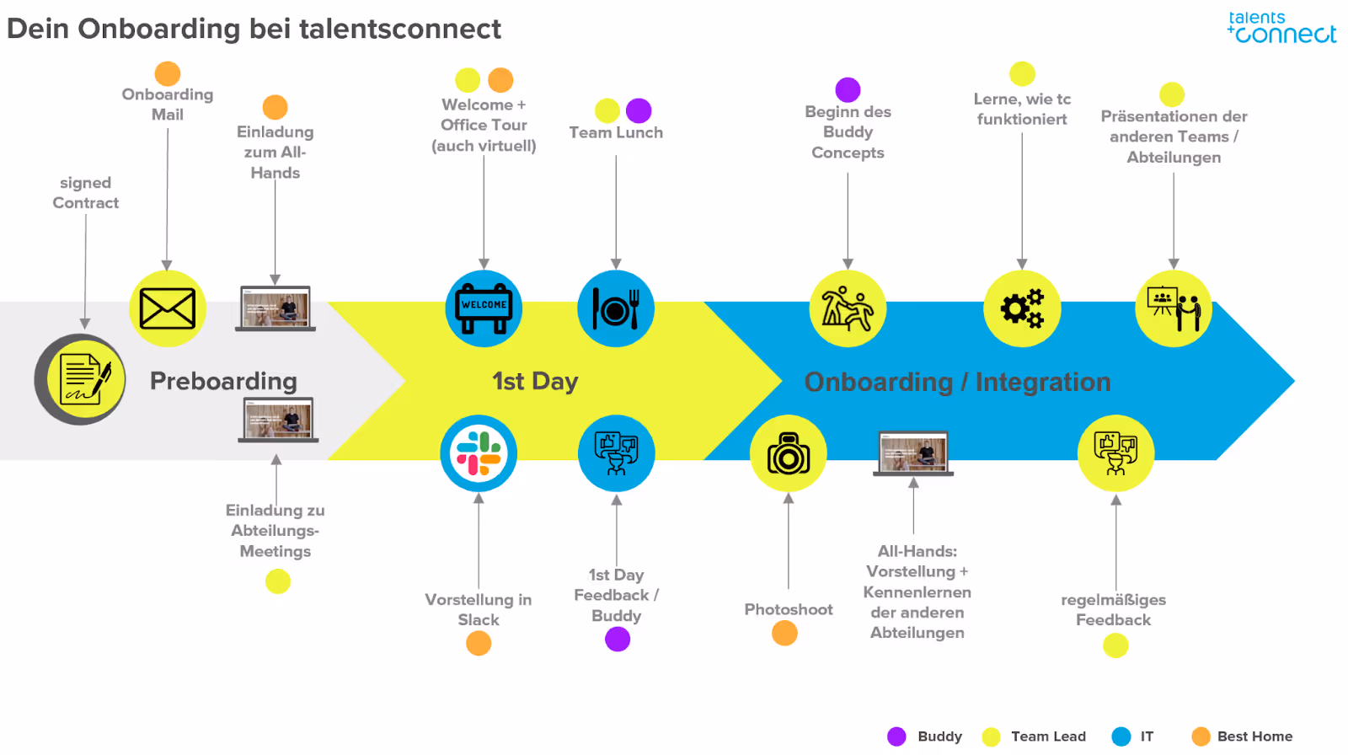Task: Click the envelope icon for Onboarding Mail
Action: click(168, 308)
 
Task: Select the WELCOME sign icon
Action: click(484, 308)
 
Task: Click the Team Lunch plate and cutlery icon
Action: click(616, 308)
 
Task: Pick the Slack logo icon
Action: click(479, 453)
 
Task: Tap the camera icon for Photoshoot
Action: click(789, 453)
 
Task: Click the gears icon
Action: click(1022, 308)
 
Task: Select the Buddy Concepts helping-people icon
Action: click(848, 308)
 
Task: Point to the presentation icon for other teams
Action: click(1174, 308)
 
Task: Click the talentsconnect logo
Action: click(1281, 28)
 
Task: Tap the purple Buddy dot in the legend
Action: click(896, 736)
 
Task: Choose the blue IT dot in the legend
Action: click(1121, 736)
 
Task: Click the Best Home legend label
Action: click(1254, 736)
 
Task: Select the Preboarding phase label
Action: click(223, 381)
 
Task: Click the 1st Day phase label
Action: click(535, 381)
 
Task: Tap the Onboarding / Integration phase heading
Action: click(957, 382)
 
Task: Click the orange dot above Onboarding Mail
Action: click(168, 73)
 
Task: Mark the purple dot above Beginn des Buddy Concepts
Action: click(848, 89)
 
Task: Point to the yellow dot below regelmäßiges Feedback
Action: click(1115, 645)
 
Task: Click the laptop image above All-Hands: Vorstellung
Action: click(913, 453)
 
